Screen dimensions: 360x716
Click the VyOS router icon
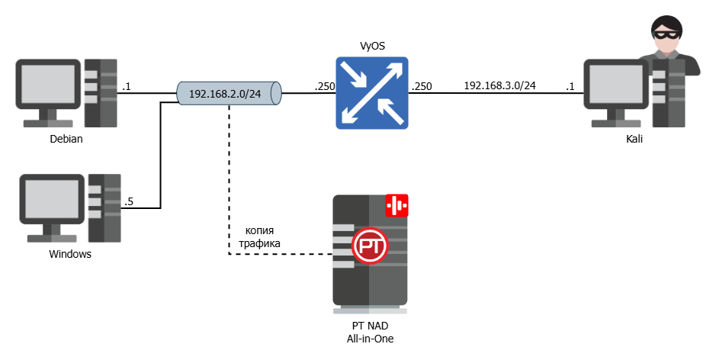tap(371, 92)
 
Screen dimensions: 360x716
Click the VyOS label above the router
tap(372, 47)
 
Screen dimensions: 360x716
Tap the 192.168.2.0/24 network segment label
tap(225, 94)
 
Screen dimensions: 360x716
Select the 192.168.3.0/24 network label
tap(499, 85)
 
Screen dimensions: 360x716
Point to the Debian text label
tap(66, 140)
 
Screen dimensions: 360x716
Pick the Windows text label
tap(70, 254)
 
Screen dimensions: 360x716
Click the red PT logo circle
tap(371, 246)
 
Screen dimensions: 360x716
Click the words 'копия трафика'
tap(259, 236)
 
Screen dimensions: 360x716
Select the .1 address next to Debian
tap(126, 87)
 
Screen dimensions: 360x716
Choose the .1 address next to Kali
tap(570, 87)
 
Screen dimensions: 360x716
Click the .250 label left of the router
tap(324, 87)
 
